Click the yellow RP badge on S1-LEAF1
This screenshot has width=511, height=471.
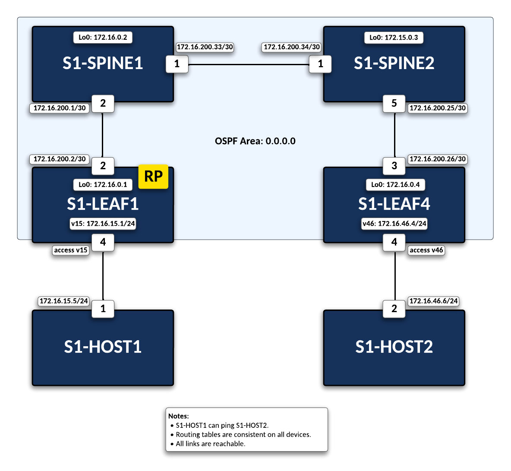point(153,177)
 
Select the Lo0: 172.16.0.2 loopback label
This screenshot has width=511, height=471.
point(103,37)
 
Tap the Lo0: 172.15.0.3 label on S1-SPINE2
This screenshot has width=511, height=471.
point(394,38)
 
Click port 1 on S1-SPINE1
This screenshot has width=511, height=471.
point(177,64)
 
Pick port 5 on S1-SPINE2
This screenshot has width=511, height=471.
point(394,104)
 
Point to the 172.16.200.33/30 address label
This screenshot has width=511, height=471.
point(205,47)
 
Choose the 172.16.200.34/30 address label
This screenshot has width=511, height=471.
point(292,47)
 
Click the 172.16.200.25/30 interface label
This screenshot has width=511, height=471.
point(438,108)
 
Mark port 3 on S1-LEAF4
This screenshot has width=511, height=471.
point(394,166)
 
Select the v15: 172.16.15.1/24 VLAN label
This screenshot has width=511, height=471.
point(103,224)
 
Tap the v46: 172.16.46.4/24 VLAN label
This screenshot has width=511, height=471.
point(394,224)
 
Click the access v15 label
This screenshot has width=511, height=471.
point(71,250)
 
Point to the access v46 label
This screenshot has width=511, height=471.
point(426,250)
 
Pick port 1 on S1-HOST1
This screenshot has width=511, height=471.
point(103,309)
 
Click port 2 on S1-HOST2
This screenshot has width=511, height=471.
point(394,309)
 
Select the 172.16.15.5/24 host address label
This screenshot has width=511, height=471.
point(64,301)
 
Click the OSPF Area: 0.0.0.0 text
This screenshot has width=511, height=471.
point(255,141)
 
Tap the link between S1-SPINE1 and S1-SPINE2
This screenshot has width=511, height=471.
point(249,65)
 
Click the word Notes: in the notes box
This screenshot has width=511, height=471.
point(178,416)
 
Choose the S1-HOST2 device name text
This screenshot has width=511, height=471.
point(394,347)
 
